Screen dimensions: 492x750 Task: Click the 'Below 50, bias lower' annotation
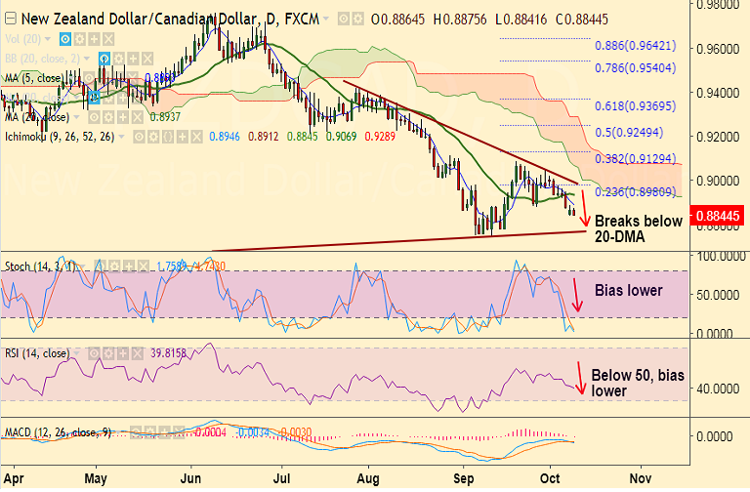[635, 382]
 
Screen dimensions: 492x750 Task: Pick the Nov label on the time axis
[641, 479]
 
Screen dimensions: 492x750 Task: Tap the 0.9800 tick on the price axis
[718, 5]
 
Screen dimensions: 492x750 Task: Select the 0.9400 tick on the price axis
[718, 93]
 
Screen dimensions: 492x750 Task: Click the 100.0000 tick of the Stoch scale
[718, 256]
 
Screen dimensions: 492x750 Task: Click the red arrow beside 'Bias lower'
[576, 295]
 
